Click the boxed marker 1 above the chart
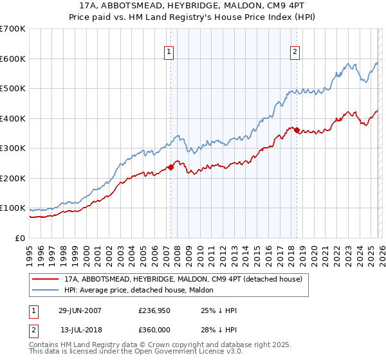coord(169,52)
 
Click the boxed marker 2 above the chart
coord(295,52)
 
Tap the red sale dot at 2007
coord(171,167)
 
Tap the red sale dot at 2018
coord(297,130)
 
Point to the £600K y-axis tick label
coord(12,59)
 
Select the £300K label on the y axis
coord(12,148)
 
